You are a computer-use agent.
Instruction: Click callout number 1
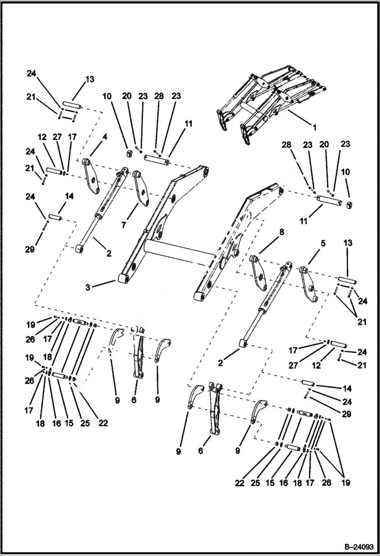coord(314,128)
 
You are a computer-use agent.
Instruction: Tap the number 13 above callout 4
coord(90,79)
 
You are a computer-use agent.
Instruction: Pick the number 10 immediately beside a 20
coord(107,96)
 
